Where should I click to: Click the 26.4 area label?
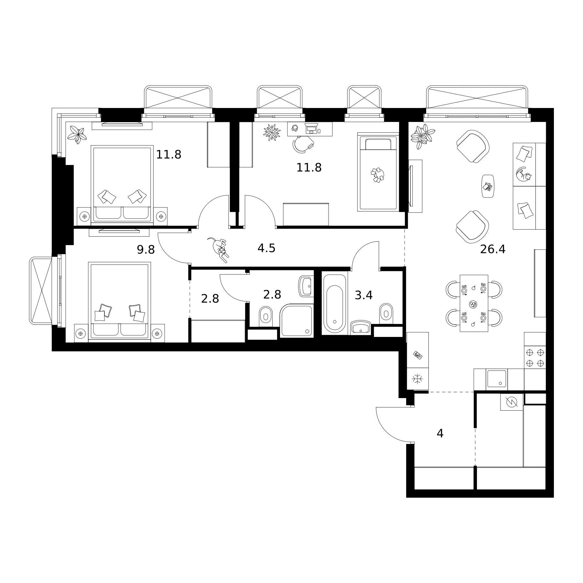pos(492,249)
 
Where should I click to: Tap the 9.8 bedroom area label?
pos(146,250)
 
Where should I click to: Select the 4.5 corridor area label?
pos(266,248)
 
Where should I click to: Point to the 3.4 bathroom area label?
pos(364,295)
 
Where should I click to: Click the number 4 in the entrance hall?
pos(440,433)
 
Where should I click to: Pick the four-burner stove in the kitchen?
pos(535,357)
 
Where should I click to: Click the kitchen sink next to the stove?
pos(497,379)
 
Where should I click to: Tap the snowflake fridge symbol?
pos(417,379)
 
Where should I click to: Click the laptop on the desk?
pos(311,128)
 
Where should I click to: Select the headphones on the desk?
pos(295,128)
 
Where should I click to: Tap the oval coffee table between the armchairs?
pos(488,186)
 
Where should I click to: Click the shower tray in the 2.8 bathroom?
pos(297,321)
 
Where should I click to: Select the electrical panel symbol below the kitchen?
pos(512,402)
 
